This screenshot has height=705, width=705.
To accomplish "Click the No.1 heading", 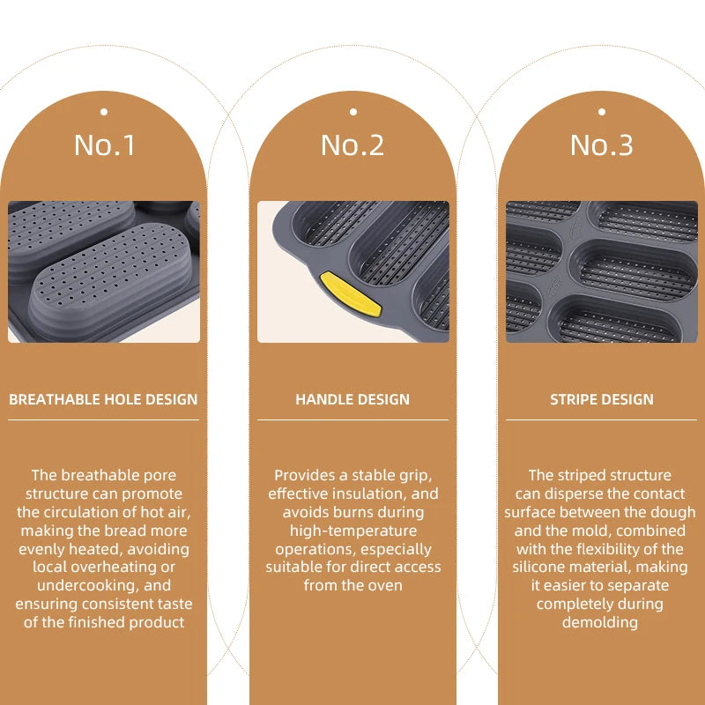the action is point(104,145).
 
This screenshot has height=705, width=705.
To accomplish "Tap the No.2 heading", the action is point(352,145).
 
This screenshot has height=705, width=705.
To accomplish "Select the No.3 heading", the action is point(602,145).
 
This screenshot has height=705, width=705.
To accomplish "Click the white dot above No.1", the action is point(104,112).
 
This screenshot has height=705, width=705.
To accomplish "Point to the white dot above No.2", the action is point(353,112).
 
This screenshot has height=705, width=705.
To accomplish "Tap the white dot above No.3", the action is point(602,112).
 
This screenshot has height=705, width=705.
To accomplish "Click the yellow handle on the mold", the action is point(351,294).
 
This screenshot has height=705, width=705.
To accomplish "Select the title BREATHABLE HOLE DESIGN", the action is point(103,399).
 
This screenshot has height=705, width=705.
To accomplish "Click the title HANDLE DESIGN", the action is point(352,399).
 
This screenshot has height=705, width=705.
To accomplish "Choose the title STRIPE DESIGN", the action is point(602,399).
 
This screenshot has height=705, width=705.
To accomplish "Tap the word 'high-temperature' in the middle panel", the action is point(353,531).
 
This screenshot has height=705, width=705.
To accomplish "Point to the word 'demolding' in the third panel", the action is point(600,623).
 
